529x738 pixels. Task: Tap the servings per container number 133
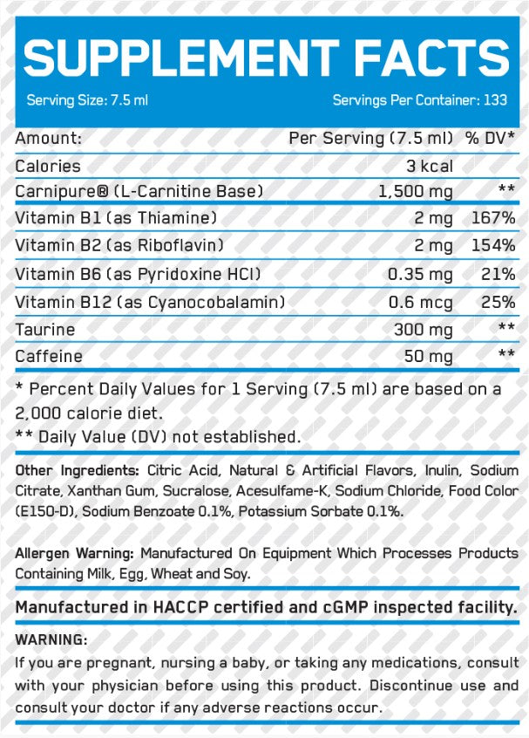coord(495,100)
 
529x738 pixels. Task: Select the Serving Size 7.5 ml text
coord(87,100)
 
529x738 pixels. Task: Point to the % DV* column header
coord(489,139)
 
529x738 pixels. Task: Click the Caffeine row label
coord(49,356)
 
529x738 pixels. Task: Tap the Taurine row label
coord(45,329)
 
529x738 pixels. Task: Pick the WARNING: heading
coord(51,639)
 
